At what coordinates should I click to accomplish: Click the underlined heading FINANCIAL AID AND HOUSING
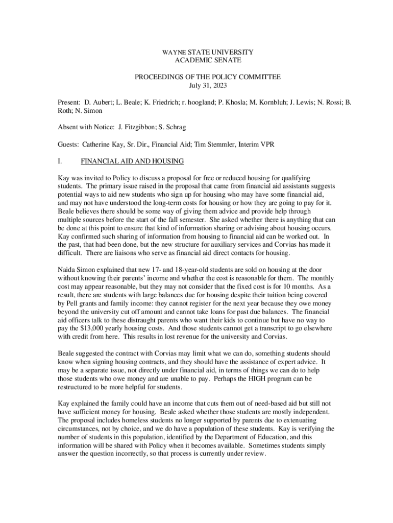pyautogui.click(x=132, y=161)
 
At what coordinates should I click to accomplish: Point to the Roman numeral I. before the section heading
pyautogui.click(x=60, y=161)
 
